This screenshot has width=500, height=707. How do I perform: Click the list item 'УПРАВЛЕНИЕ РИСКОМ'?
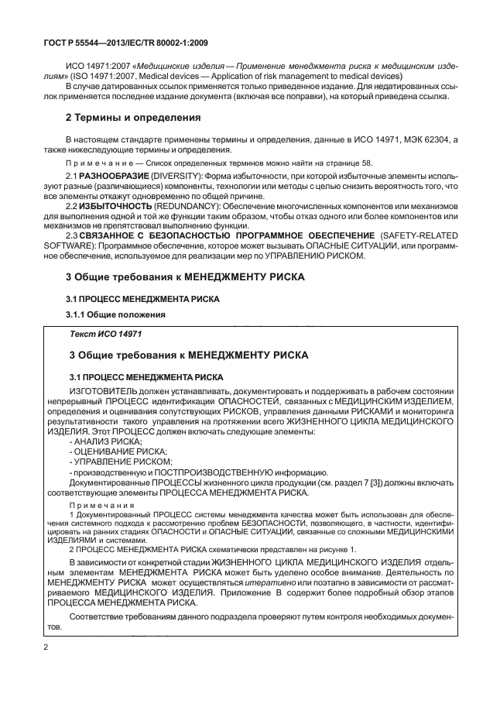(112, 462)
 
